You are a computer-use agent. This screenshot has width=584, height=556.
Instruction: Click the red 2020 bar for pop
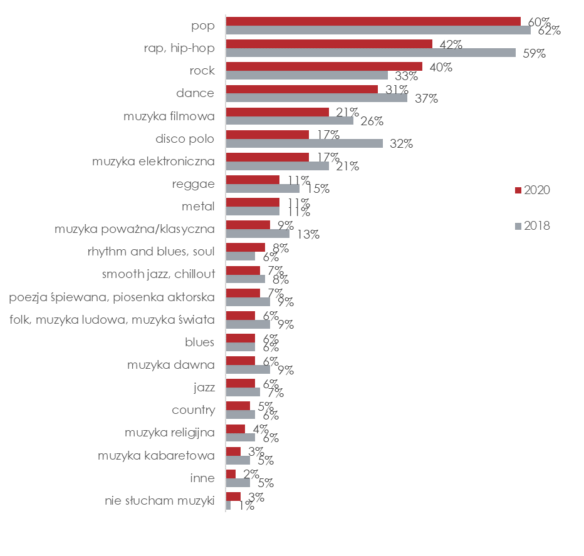click(x=373, y=21)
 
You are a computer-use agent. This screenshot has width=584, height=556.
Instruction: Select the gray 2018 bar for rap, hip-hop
click(x=370, y=53)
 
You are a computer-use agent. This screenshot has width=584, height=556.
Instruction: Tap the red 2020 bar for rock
click(x=324, y=66)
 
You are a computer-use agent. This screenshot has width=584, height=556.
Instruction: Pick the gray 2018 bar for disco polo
click(x=304, y=143)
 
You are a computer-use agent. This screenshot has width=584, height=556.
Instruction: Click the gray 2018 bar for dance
click(x=316, y=98)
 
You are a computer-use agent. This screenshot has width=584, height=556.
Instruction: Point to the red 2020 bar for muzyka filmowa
click(x=277, y=112)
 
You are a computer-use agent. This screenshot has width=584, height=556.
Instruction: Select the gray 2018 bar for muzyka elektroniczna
click(x=277, y=166)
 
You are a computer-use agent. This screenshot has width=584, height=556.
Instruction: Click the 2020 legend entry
click(x=533, y=190)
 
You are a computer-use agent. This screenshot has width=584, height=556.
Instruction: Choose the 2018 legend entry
click(x=533, y=226)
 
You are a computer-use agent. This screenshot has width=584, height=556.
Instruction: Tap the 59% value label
click(x=533, y=53)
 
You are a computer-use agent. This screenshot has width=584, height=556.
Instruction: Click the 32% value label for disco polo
click(x=400, y=143)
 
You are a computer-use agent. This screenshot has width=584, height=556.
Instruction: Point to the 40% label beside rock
click(x=441, y=67)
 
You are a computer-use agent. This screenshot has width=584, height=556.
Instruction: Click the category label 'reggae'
click(x=193, y=184)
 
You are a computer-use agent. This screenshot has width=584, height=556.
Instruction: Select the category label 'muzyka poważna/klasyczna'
click(x=135, y=229)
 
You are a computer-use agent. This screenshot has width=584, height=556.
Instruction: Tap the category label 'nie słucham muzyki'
click(x=160, y=501)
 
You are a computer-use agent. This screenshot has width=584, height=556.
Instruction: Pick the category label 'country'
click(x=193, y=410)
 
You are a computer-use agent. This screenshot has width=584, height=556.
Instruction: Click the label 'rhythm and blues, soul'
click(x=151, y=252)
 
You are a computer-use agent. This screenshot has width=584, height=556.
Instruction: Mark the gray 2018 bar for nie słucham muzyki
click(x=228, y=505)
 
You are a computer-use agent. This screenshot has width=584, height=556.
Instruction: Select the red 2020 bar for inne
click(x=231, y=474)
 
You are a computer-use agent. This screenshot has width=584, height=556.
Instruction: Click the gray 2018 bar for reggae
click(x=262, y=188)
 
